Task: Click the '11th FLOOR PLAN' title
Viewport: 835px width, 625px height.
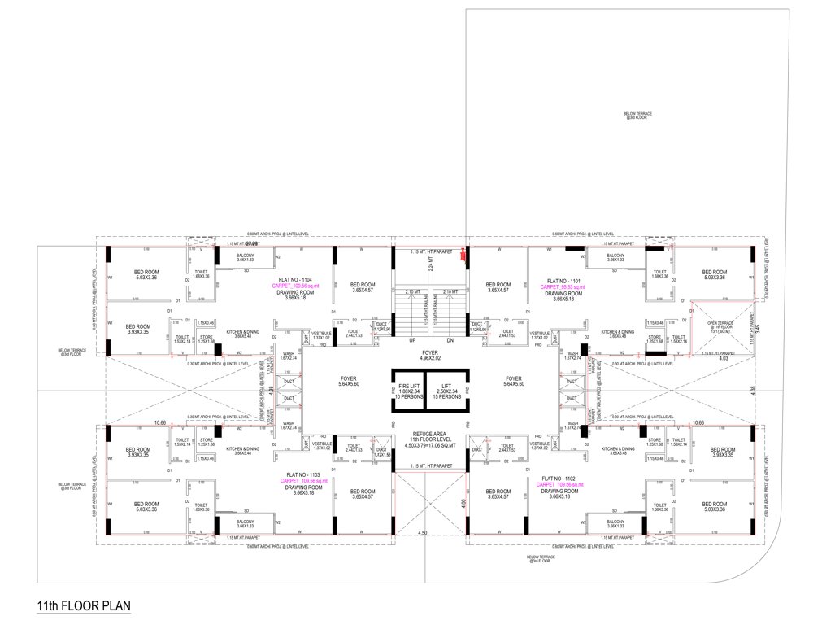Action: tap(84, 606)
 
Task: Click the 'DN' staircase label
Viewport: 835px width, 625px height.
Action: tap(450, 340)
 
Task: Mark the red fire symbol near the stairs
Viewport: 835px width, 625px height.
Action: tap(463, 256)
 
